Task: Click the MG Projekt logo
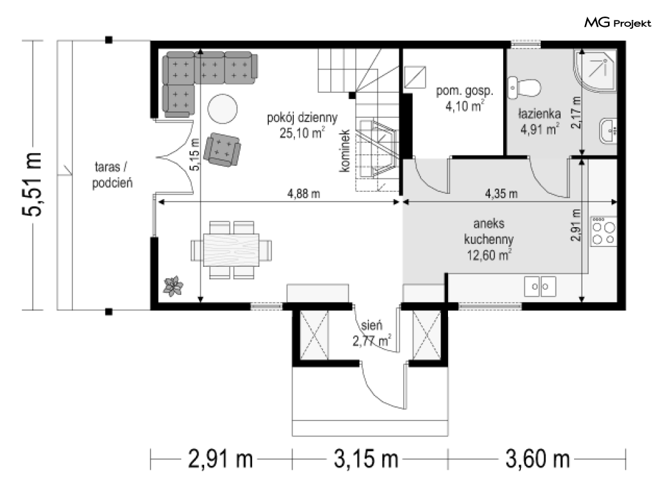click(618, 22)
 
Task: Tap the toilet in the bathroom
click(524, 88)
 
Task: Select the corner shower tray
click(595, 70)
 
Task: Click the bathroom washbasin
click(608, 131)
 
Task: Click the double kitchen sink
click(540, 286)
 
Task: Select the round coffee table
click(223, 109)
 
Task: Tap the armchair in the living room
click(222, 150)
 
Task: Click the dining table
click(232, 250)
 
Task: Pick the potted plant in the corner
click(173, 286)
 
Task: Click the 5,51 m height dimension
click(33, 184)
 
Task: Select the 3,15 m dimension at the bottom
click(366, 459)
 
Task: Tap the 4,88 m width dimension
click(303, 194)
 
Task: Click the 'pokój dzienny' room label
click(302, 117)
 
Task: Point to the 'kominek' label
click(345, 151)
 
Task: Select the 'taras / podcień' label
click(112, 175)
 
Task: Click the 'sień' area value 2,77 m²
click(372, 341)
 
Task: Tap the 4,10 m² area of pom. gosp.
click(465, 106)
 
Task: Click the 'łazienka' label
click(540, 113)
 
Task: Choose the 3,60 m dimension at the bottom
click(538, 459)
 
